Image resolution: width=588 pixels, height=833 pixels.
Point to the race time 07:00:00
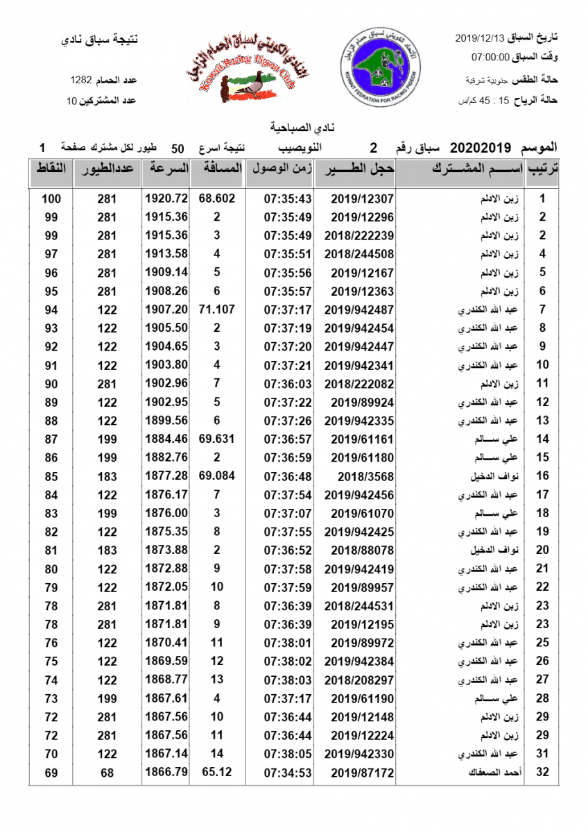(x=491, y=58)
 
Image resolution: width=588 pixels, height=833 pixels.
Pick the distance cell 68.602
(x=217, y=199)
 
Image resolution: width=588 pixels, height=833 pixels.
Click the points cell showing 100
(x=51, y=199)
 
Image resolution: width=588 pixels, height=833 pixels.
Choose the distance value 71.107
(x=217, y=310)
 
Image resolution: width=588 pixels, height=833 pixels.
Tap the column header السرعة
(x=171, y=169)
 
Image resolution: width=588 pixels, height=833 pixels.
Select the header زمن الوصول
(x=281, y=169)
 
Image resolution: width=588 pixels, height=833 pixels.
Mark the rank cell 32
(x=543, y=772)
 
